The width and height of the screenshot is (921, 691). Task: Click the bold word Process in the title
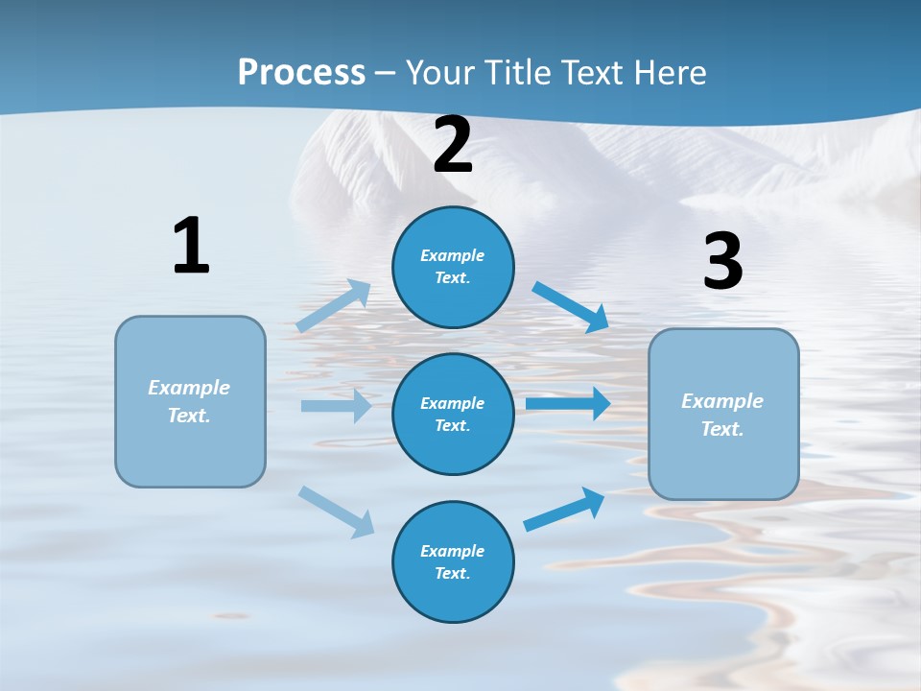(301, 72)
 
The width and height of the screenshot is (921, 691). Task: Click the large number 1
(191, 246)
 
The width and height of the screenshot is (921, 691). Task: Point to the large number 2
(453, 145)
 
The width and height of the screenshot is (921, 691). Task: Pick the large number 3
(722, 262)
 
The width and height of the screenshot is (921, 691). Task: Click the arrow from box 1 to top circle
(333, 306)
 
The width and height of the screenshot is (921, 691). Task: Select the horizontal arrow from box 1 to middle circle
(336, 406)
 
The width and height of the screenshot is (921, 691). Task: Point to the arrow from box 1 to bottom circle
(336, 511)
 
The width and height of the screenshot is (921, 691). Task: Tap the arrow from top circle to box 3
(571, 306)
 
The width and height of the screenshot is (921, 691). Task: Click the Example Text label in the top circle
(453, 267)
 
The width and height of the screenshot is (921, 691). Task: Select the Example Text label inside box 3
(722, 415)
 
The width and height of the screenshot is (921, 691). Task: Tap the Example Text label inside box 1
(189, 401)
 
